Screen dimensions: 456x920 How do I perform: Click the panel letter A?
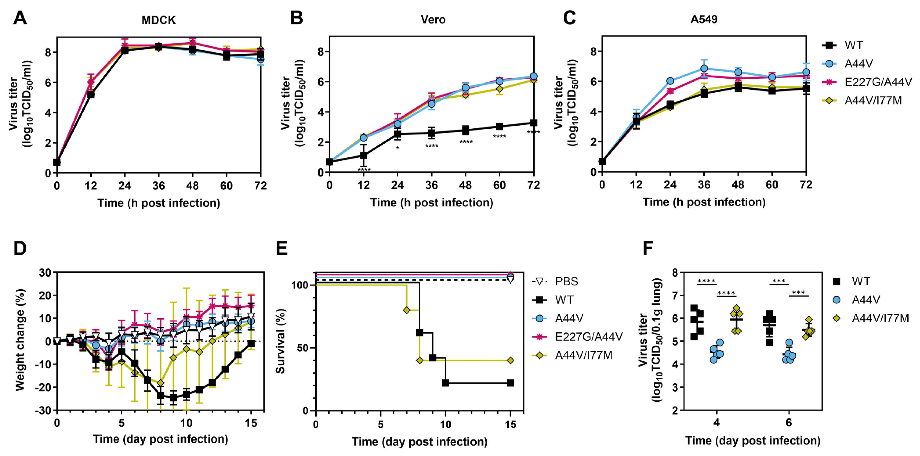(x=20, y=18)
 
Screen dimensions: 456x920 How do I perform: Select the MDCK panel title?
(x=159, y=20)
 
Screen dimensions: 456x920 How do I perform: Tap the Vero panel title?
(x=433, y=19)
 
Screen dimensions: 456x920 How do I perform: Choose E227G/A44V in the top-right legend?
(x=878, y=82)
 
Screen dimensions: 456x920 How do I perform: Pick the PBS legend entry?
(x=566, y=281)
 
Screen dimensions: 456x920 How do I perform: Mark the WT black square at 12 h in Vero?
(x=364, y=156)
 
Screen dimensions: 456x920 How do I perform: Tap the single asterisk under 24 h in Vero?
(x=397, y=148)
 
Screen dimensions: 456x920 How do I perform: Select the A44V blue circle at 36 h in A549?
(x=704, y=68)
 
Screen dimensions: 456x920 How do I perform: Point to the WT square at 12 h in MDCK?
(x=91, y=95)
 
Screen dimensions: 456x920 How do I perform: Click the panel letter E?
(x=282, y=248)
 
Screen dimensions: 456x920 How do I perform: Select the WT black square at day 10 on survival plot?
(x=445, y=383)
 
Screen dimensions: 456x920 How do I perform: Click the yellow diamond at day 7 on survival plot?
(x=406, y=310)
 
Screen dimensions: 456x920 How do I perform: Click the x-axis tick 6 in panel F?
(x=789, y=423)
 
